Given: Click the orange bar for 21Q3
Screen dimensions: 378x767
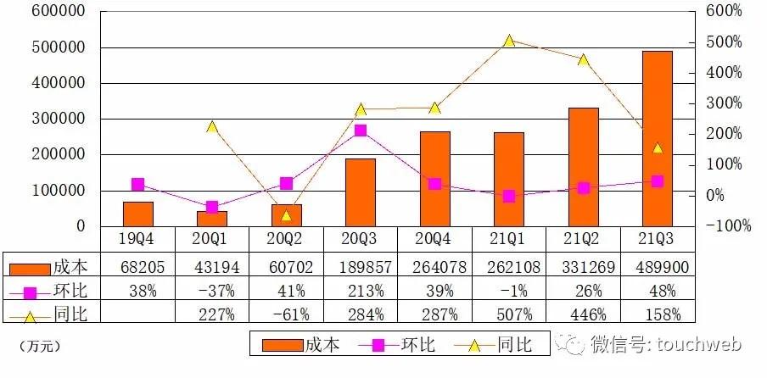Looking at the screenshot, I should coord(657,138).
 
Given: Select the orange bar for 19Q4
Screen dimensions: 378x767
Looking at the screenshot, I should coord(138,214).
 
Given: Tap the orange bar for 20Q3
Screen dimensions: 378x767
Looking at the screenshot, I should coord(361,192).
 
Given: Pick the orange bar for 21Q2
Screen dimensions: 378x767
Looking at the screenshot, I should coord(583,167).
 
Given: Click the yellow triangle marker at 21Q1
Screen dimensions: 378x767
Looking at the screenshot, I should coord(509,41).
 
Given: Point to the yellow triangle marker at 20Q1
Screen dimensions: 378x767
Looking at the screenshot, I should coord(212,127).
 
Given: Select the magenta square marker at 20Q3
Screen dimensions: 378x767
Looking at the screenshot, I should coord(361,131).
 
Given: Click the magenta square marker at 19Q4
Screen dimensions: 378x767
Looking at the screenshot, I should coord(138,185).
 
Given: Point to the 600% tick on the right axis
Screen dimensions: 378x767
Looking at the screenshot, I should coord(724,12).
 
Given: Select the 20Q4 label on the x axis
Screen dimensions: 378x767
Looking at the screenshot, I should coord(434,240).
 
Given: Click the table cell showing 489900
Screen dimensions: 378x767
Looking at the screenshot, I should coord(658,268).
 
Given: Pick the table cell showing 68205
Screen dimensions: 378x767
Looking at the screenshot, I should coord(138,268).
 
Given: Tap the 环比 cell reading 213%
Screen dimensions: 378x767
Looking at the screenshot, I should coord(361,292).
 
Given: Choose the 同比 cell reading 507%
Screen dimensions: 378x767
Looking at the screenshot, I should coord(509,315).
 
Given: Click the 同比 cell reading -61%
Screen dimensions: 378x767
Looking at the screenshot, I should coord(286,315).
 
